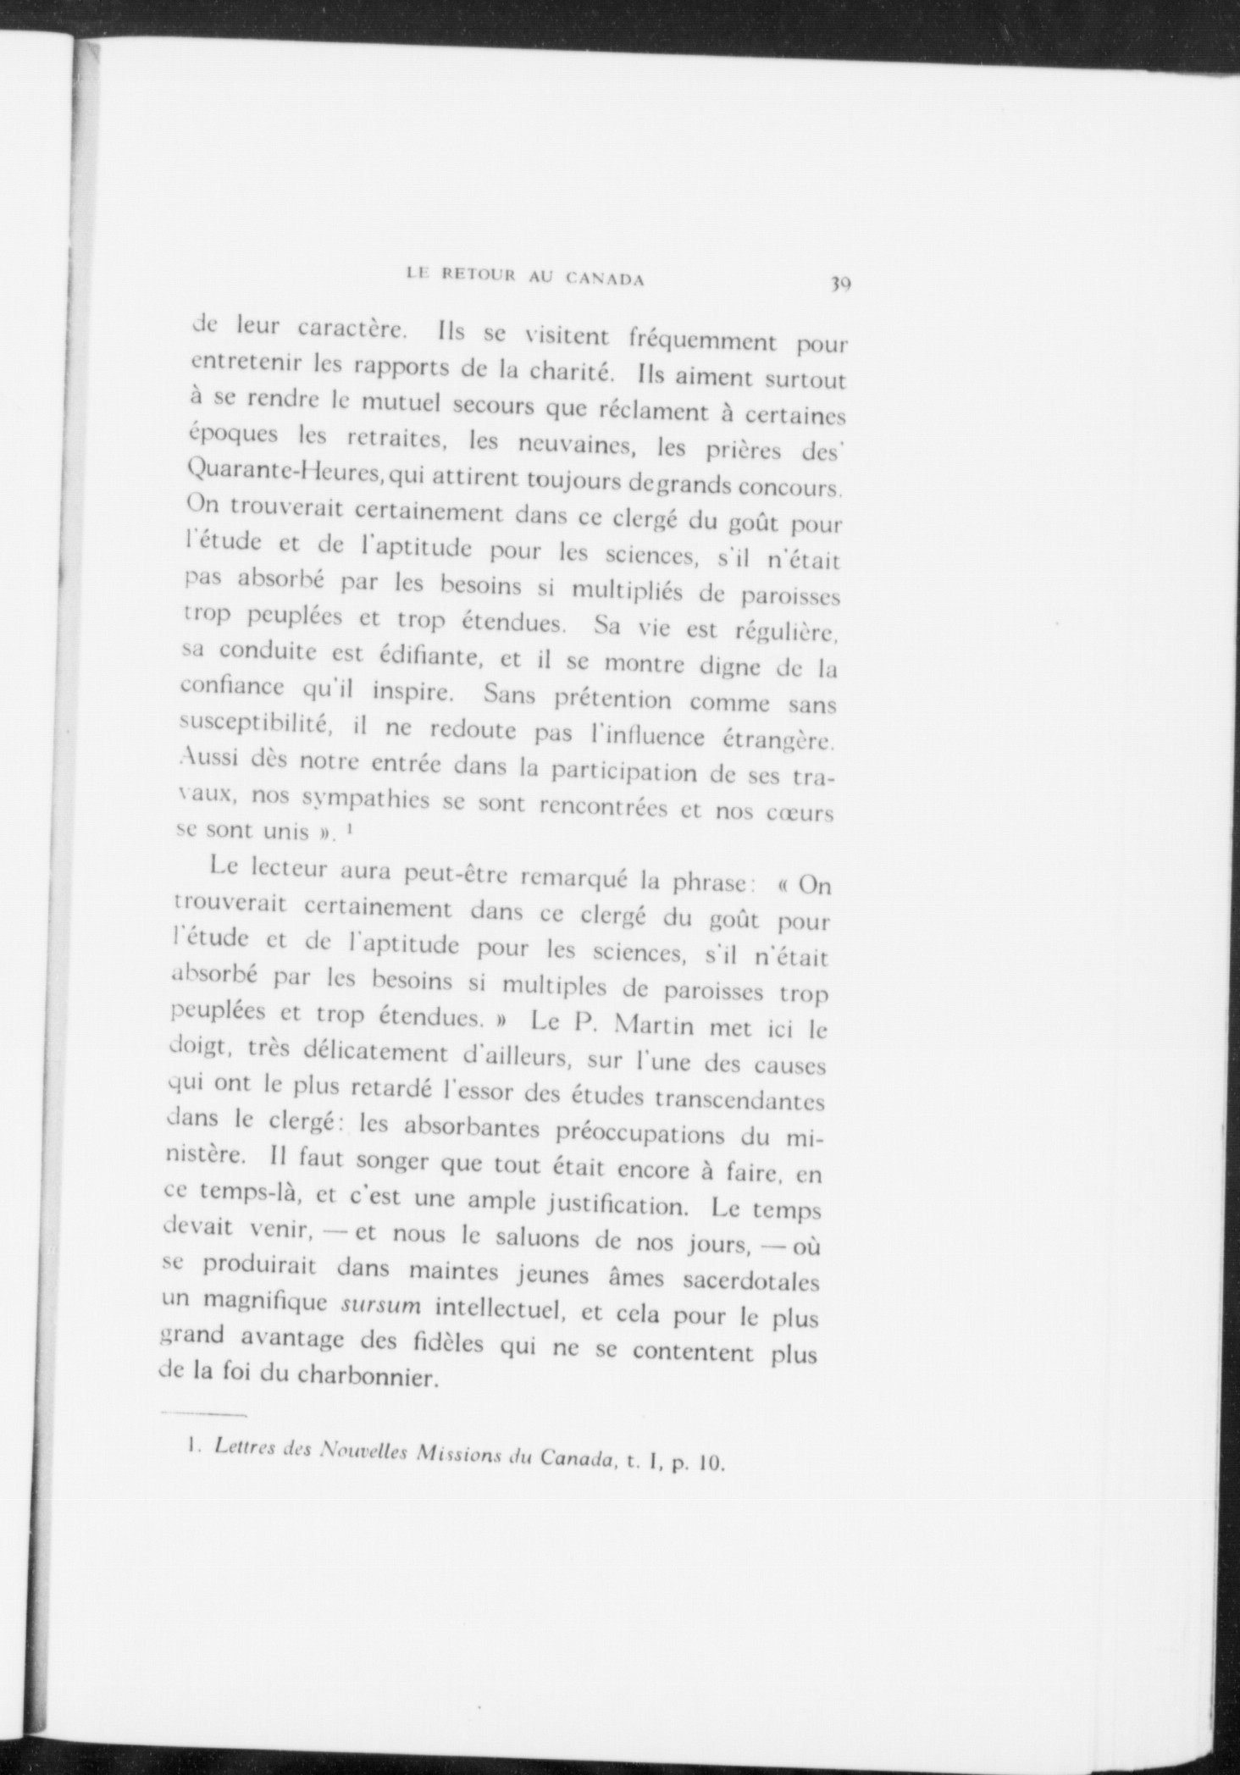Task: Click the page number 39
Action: (x=840, y=284)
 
